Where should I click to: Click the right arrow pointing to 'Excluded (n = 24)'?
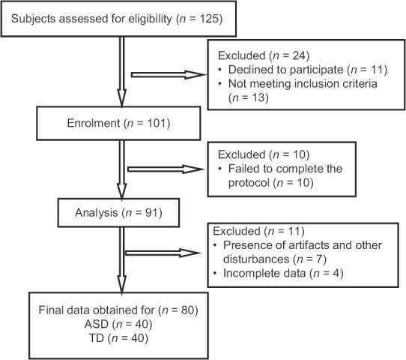click(x=169, y=75)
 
